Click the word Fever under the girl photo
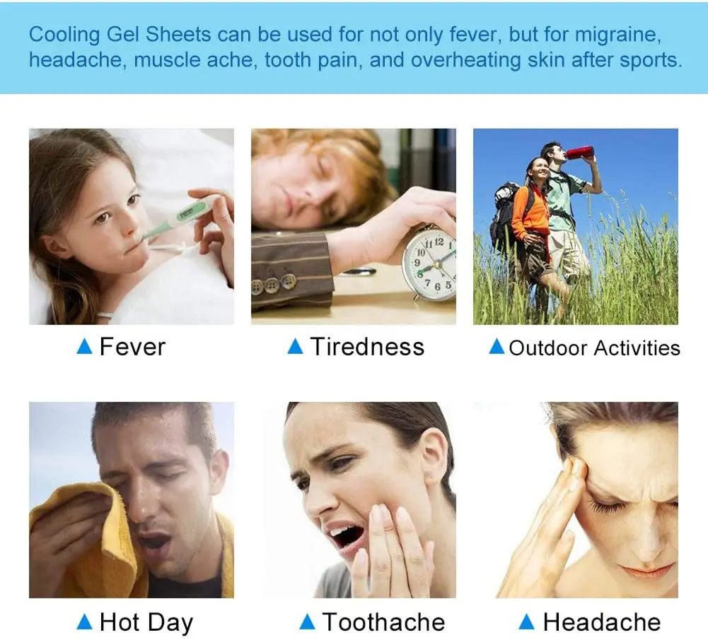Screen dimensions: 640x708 [132, 347]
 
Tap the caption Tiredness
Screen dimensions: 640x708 [366, 347]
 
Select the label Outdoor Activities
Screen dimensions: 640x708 [594, 348]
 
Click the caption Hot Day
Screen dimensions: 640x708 [146, 622]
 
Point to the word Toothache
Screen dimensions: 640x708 [383, 622]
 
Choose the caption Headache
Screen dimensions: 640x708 [601, 622]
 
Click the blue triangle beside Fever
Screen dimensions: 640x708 [85, 346]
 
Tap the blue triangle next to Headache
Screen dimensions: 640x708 [526, 622]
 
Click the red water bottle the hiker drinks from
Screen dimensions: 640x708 [579, 152]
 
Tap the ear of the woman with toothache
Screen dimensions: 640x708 [433, 456]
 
